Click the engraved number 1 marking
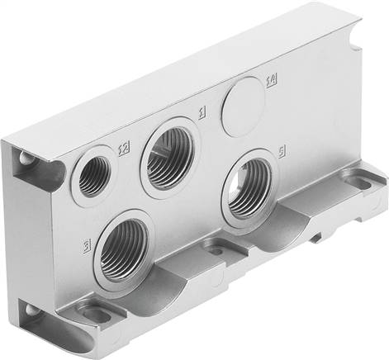coord(201,109)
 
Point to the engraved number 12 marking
coord(124,149)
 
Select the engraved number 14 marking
coord(270,80)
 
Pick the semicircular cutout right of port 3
coord(187,272)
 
